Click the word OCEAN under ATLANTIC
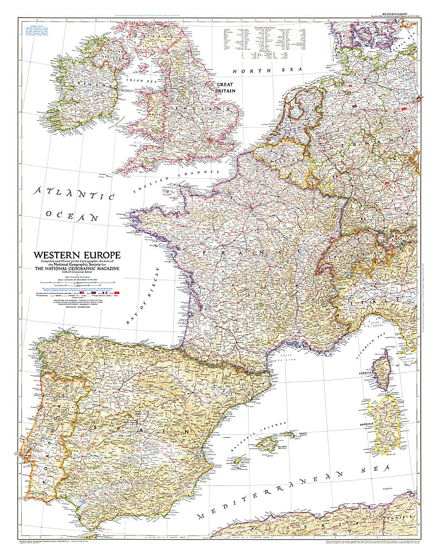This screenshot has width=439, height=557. point(73,216)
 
